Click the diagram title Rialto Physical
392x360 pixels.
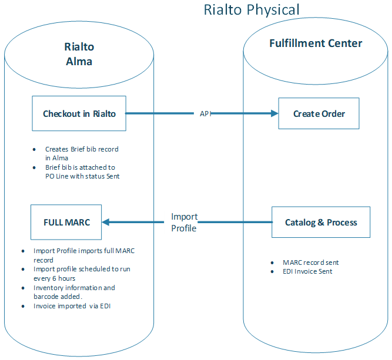pos(252,10)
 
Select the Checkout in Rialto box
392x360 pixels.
pos(79,113)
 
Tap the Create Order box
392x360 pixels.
pos(319,113)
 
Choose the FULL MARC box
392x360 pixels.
pos(66,222)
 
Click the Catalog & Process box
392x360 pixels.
pos(321,222)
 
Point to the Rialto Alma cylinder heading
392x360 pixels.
pos(79,53)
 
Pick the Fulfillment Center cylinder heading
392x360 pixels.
pos(316,43)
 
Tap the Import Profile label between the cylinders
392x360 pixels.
pos(184,222)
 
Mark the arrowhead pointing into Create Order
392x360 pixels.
pos(274,113)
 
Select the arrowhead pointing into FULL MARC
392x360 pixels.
pos(106,222)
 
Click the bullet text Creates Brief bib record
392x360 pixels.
pos(82,153)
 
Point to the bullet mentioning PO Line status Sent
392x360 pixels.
pos(82,171)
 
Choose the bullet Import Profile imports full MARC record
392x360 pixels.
pos(85,255)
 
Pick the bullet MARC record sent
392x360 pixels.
pos(310,263)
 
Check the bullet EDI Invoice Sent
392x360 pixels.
pos(307,271)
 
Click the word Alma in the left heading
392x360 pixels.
pos(79,61)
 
